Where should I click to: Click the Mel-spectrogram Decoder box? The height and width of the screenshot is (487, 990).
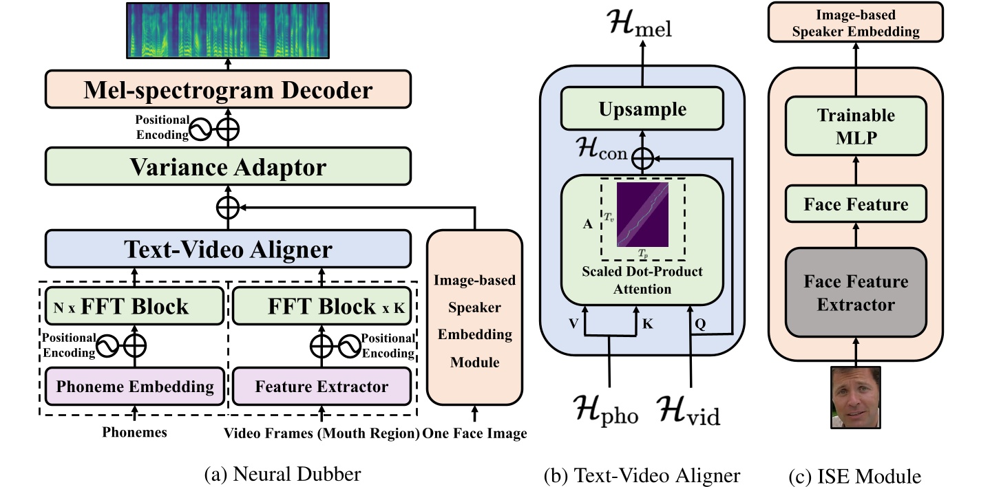click(x=228, y=90)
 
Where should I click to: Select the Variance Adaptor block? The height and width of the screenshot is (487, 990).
click(x=228, y=167)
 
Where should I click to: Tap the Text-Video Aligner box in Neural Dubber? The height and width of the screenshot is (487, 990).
click(x=228, y=248)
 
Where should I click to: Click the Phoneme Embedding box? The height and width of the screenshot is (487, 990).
click(x=135, y=387)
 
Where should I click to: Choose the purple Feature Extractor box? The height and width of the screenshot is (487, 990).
click(x=322, y=387)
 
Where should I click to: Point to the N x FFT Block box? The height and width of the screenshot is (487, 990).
click(x=135, y=306)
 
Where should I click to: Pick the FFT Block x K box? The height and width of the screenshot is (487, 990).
click(x=322, y=306)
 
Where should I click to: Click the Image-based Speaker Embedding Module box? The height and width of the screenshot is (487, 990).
click(x=474, y=318)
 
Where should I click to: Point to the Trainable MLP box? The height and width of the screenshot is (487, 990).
click(x=856, y=125)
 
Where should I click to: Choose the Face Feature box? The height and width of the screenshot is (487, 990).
click(x=856, y=204)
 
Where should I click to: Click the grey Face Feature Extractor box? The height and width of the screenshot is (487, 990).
click(x=856, y=292)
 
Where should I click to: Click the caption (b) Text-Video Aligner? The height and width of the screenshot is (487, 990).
click(x=642, y=475)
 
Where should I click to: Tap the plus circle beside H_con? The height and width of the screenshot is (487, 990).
click(x=642, y=158)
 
